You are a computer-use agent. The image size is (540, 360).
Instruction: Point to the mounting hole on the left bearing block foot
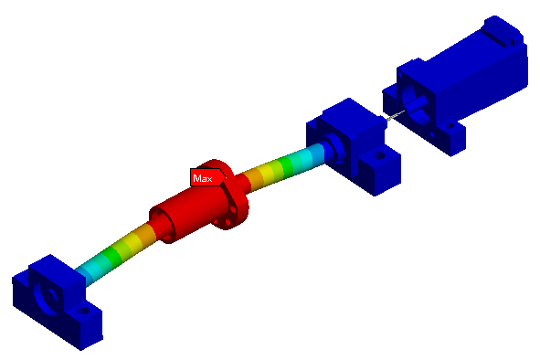(x=84, y=311)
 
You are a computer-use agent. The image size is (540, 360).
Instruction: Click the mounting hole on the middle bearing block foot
(x=380, y=155)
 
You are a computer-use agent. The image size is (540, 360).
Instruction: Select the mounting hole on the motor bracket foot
(x=450, y=126)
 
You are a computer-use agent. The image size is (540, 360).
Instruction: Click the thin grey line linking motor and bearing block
(x=395, y=115)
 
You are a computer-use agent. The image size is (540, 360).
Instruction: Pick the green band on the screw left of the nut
(x=112, y=254)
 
